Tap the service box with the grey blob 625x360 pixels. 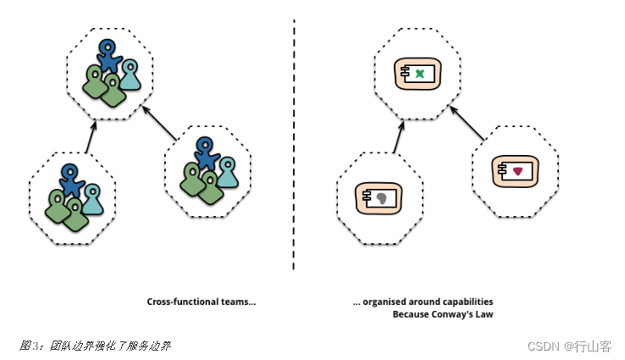[x=378, y=198]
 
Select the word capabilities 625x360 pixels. [x=466, y=302]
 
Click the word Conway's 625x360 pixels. [x=455, y=314]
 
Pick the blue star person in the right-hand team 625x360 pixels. [x=204, y=153]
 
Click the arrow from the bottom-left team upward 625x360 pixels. [x=90, y=138]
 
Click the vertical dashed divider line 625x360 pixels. [x=294, y=144]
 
